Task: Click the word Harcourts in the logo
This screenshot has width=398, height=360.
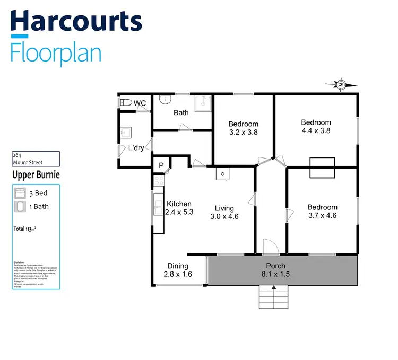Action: click(76, 22)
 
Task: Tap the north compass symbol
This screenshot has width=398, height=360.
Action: click(341, 84)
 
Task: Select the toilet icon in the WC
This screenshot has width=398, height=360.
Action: click(125, 103)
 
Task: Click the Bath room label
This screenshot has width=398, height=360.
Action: click(181, 112)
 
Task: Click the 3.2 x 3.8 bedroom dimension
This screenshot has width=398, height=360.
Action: click(244, 133)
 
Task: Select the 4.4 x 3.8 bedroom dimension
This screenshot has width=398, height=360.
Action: click(316, 130)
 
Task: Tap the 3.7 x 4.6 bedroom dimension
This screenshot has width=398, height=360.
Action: click(322, 215)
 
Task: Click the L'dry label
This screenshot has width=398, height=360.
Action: click(136, 148)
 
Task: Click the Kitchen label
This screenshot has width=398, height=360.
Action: click(179, 204)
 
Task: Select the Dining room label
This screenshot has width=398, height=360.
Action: click(178, 266)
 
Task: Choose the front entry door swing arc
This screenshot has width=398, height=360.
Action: click(270, 246)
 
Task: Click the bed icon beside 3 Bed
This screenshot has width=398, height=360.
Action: click(20, 193)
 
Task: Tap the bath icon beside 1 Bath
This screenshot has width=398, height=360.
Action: click(20, 206)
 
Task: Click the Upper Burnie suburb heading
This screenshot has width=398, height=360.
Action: click(36, 174)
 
